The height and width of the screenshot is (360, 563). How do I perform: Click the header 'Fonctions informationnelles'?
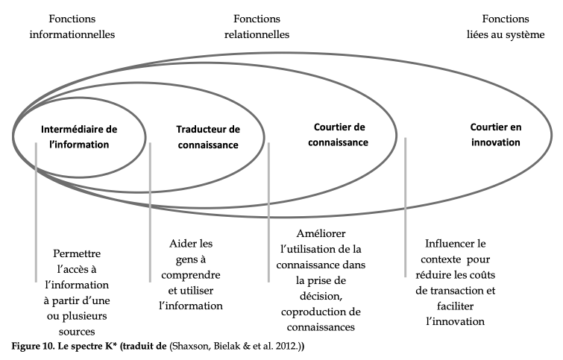tap(72, 27)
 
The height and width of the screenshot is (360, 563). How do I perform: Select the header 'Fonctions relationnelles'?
tap(257, 27)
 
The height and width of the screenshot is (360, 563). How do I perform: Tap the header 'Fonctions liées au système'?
tap(506, 27)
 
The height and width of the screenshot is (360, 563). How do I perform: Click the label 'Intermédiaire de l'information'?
tap(79, 136)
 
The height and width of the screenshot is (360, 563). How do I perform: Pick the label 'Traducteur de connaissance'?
tap(208, 136)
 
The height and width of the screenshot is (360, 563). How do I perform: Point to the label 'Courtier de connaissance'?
tap(339, 135)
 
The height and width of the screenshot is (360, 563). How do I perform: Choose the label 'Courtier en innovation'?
tap(496, 135)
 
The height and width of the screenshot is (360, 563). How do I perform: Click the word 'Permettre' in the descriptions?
tap(77, 253)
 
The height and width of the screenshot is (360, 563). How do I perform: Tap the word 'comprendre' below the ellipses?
tap(191, 275)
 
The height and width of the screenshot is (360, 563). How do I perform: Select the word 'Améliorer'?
tap(321, 233)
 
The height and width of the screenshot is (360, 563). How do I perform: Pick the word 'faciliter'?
tap(456, 306)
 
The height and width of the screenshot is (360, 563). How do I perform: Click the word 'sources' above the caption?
tap(77, 332)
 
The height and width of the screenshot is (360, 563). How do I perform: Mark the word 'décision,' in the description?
tap(321, 296)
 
